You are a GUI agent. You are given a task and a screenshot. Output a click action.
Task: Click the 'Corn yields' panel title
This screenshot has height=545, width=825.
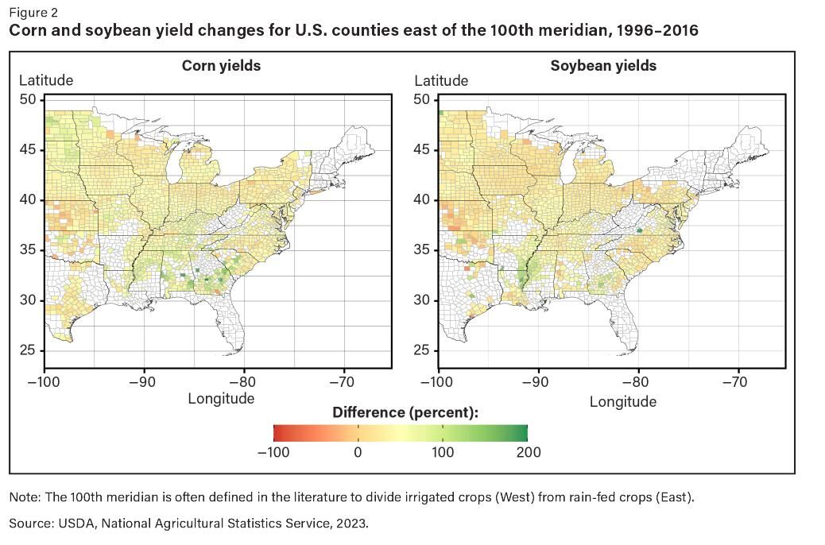(x=221, y=66)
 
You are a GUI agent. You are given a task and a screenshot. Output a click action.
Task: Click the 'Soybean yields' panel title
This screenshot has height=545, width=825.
(x=603, y=66)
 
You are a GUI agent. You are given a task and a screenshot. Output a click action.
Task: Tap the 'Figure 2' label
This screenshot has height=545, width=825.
(x=33, y=13)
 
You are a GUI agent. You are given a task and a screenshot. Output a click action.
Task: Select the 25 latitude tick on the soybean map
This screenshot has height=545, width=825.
(x=421, y=350)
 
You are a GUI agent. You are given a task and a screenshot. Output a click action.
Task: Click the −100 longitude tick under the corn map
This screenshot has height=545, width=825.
(x=44, y=382)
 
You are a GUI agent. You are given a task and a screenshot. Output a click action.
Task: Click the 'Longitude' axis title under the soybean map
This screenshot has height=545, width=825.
(x=622, y=402)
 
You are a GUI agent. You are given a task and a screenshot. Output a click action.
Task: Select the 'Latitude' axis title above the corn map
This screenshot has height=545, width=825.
(x=46, y=80)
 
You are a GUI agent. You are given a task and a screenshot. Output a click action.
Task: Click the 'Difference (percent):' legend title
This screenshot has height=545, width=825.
(x=405, y=412)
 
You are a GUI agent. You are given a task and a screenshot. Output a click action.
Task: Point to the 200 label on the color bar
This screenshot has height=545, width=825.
(x=528, y=452)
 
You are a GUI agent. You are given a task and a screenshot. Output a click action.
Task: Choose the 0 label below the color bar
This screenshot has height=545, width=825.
(x=358, y=452)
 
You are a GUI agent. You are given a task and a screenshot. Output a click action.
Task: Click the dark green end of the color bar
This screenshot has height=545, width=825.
(x=522, y=433)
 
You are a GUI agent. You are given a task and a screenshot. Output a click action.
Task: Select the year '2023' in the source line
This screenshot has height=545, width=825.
(x=352, y=524)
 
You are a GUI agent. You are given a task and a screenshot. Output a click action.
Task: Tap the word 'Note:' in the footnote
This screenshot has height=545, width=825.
(x=25, y=497)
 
